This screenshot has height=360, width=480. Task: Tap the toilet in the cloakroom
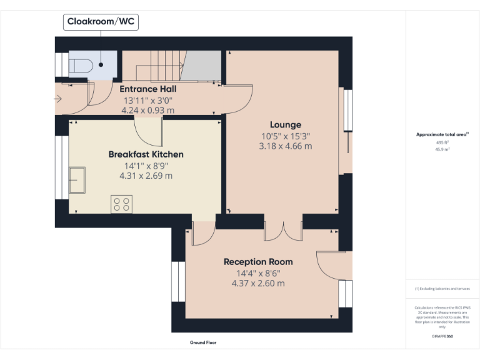click(80, 65)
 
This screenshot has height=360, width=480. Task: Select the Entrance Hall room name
click(147, 89)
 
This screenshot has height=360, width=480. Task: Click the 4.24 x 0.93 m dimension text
click(147, 110)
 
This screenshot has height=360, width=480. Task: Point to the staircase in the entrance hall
click(166, 66)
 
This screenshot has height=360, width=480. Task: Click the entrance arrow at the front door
click(58, 99)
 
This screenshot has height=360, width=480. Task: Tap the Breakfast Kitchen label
click(146, 154)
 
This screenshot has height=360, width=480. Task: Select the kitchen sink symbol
click(77, 180)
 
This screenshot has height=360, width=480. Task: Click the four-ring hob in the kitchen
click(122, 204)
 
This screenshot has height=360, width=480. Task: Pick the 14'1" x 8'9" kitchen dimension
click(146, 166)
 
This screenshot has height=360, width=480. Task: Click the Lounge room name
click(285, 125)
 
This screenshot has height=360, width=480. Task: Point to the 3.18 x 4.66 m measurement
click(285, 146)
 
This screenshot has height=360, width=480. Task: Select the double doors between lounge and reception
click(284, 231)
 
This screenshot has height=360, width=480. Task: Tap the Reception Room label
click(258, 262)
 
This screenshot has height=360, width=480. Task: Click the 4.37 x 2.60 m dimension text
click(258, 283)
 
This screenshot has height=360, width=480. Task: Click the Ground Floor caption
click(202, 342)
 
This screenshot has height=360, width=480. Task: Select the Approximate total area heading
click(442, 134)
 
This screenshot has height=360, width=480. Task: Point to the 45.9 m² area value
click(442, 150)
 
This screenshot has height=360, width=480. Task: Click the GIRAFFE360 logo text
click(442, 336)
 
